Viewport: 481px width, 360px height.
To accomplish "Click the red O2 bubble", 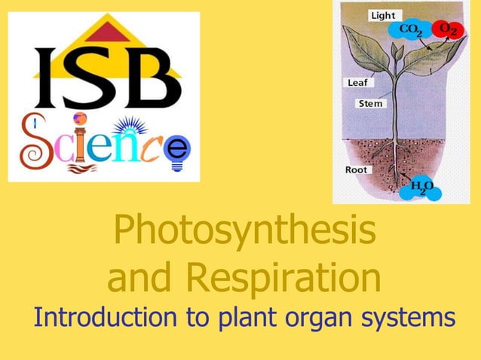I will (451, 29).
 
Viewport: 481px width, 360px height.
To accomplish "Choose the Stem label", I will (370, 103).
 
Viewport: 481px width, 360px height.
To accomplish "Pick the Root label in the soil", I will (356, 169).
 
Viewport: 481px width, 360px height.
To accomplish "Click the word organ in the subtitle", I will (326, 318).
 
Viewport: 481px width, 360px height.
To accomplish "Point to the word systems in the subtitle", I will (411, 318).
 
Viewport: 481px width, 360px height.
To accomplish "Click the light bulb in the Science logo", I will (178, 147).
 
